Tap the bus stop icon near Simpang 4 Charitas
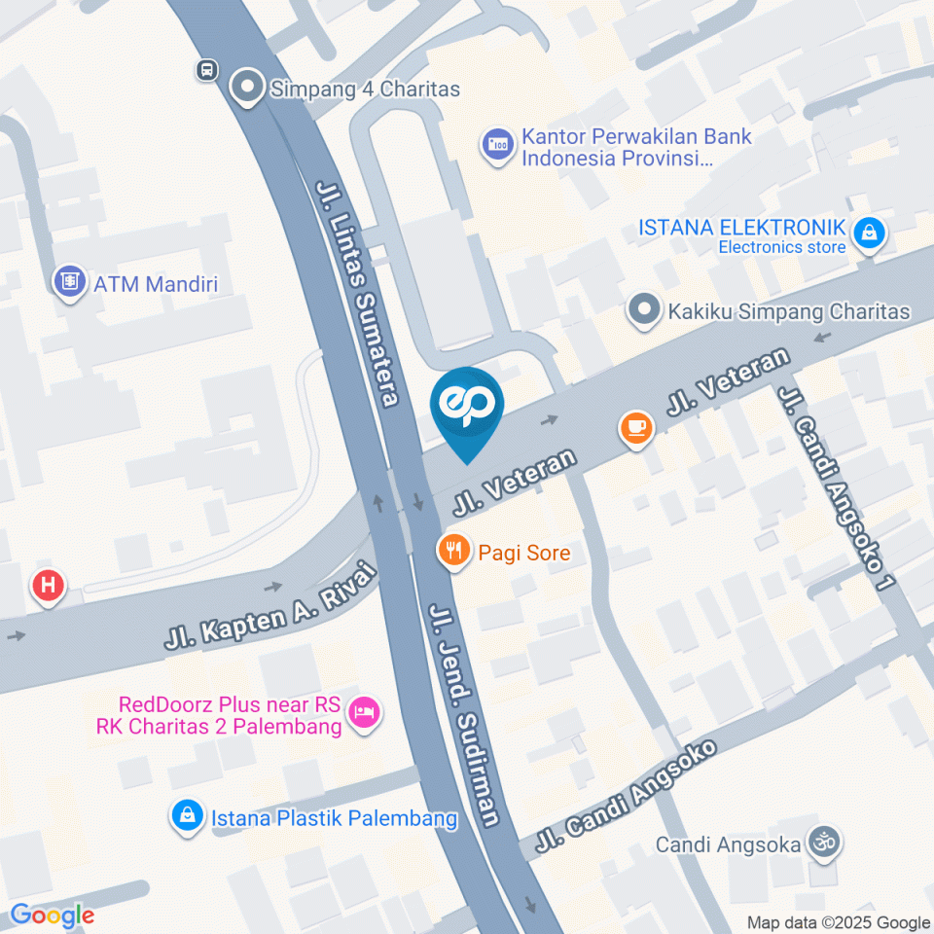click(x=205, y=70)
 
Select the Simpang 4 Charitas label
click(x=364, y=89)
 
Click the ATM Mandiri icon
click(x=69, y=283)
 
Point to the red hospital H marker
click(x=48, y=587)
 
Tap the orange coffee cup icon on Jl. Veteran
click(x=636, y=427)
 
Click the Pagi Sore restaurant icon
click(x=453, y=553)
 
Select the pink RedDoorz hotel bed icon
click(x=365, y=712)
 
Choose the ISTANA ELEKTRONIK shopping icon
click(x=866, y=233)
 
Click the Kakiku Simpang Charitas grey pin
click(x=642, y=311)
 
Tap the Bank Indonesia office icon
click(x=498, y=146)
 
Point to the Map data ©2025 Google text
click(x=839, y=923)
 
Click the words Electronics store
click(x=782, y=247)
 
